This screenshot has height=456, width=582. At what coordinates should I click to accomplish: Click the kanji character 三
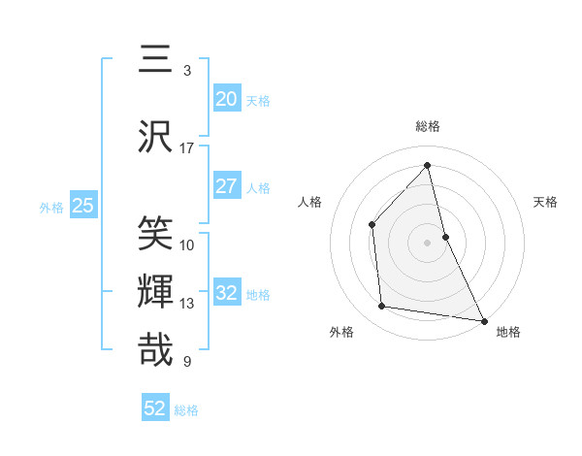pos(156,60)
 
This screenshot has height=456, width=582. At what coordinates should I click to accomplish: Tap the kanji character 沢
pos(156,137)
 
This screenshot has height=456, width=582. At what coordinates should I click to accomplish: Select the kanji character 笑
pos(156,234)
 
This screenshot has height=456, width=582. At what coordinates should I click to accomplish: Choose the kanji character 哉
pos(156,350)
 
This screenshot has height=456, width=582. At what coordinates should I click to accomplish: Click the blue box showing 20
pos(226,99)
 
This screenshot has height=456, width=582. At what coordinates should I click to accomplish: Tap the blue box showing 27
pos(226,186)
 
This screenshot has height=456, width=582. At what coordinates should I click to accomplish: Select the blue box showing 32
pos(226,293)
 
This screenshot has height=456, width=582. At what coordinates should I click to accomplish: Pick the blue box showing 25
pos(83,206)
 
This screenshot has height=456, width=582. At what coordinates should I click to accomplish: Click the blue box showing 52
pos(155,408)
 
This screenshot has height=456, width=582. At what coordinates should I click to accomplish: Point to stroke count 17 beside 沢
pos(187,148)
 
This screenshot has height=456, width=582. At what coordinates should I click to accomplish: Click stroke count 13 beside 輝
pos(187,304)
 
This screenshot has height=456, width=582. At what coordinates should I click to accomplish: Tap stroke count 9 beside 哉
pos(187,362)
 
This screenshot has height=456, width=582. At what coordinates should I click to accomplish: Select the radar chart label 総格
pos(428,126)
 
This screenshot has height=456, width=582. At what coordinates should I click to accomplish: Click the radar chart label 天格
pos(546,202)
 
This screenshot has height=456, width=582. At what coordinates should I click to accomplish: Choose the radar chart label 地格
pos(508,332)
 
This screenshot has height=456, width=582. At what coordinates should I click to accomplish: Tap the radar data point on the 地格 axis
pos(483,320)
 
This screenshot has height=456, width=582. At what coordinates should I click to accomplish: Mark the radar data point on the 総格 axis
pos(428,166)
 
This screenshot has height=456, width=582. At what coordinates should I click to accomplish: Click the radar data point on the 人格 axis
pos(372,224)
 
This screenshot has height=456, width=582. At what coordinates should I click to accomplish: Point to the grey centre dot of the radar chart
pos(428,242)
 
